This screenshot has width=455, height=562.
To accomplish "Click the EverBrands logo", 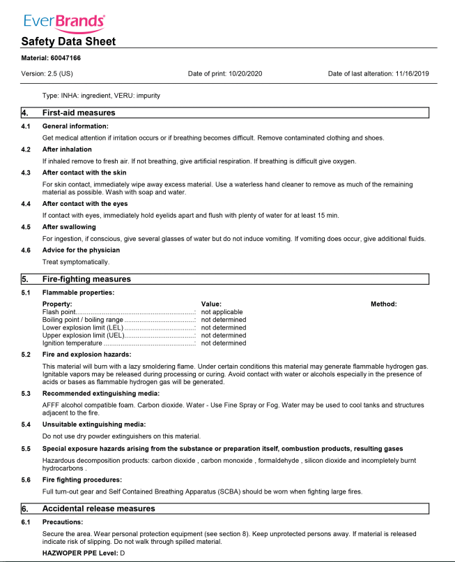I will click(x=64, y=22).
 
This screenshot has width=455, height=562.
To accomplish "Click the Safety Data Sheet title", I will click(x=68, y=41).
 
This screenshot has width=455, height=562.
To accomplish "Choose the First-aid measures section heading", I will click(x=79, y=112).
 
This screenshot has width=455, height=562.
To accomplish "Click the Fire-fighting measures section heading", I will click(x=86, y=279).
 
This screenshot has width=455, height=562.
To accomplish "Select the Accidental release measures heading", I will click(x=98, y=508).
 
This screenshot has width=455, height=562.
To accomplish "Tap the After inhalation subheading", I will click(x=67, y=149).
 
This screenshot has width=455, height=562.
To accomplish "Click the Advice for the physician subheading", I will click(x=81, y=250).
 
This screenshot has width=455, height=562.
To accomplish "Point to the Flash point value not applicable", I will click(x=222, y=312).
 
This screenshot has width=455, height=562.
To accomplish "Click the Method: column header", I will click(x=383, y=304).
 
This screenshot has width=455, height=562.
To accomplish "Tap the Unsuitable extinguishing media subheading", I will click(x=94, y=424).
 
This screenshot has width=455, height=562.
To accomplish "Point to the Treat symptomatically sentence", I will click(x=76, y=262).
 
